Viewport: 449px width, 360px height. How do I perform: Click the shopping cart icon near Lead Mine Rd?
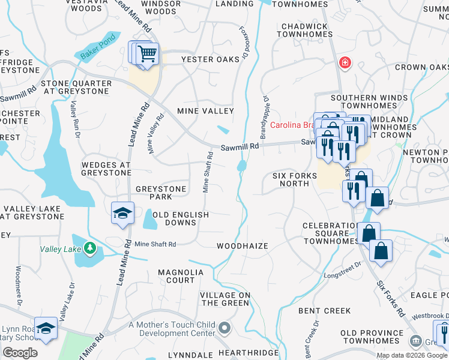[x=147, y=54]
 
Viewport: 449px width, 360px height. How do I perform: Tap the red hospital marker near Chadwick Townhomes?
[x=345, y=62]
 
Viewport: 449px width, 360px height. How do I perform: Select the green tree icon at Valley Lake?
[x=89, y=247]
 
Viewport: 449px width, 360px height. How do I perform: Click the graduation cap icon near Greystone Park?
[x=122, y=213]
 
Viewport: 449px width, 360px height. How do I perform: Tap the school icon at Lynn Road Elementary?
[x=45, y=328]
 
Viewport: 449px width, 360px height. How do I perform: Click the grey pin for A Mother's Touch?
[x=224, y=328]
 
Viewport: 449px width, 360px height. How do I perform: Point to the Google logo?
[x=20, y=353]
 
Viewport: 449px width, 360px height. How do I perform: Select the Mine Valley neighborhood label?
[x=205, y=111]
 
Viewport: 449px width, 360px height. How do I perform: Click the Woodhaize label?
[x=242, y=246]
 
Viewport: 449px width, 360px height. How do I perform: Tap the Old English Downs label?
[x=180, y=218]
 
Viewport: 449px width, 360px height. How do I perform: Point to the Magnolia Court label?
[x=181, y=276]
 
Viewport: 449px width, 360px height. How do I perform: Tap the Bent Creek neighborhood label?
[x=324, y=311]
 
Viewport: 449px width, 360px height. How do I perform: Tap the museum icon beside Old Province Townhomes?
[x=415, y=341]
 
